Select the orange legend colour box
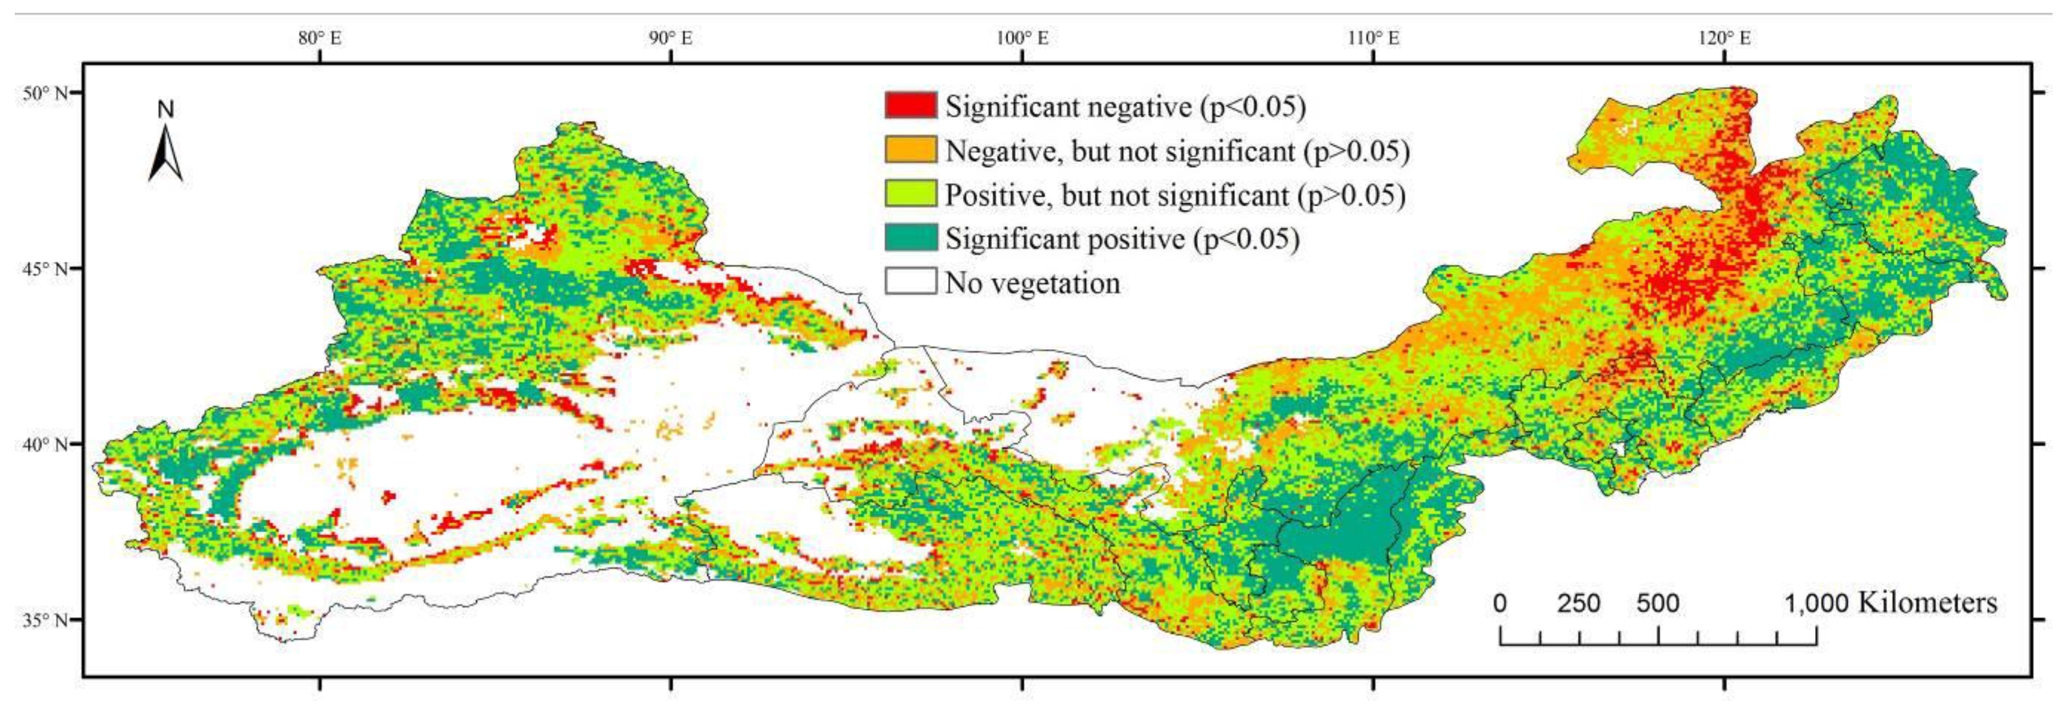[910, 149]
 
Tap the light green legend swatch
[910, 193]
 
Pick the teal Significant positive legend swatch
[910, 237]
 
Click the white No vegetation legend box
[910, 281]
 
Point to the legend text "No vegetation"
[1032, 283]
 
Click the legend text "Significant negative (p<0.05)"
[1125, 106]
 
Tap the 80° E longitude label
[320, 38]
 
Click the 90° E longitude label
[671, 38]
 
